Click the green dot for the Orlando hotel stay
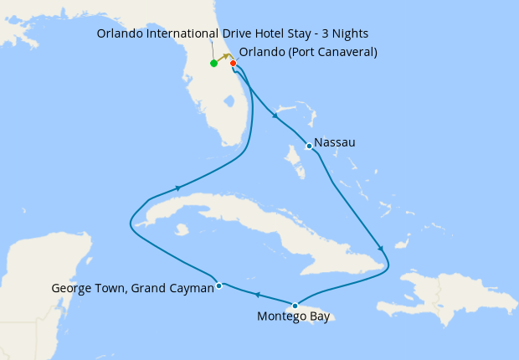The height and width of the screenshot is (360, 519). [x=214, y=63]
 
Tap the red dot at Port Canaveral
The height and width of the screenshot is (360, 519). [x=234, y=63]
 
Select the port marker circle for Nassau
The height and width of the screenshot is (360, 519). [x=309, y=146]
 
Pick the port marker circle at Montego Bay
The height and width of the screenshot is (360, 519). [x=295, y=306]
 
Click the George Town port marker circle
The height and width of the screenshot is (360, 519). [x=218, y=285]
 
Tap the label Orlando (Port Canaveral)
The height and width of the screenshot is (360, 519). [x=308, y=52]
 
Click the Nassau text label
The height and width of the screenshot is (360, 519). [x=335, y=143]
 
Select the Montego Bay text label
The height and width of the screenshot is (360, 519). [x=294, y=317]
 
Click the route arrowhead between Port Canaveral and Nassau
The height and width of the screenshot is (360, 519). [x=275, y=116]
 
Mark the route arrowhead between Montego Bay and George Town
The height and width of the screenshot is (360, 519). [x=257, y=295]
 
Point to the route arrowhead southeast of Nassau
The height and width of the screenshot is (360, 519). [x=381, y=249]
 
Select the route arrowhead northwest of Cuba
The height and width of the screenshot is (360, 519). [x=177, y=188]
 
